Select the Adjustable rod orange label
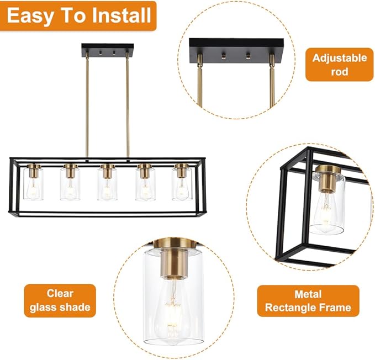coord(339,64)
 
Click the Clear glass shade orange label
coord(60,300)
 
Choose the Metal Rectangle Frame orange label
coord(308,300)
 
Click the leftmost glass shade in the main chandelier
coord(34,183)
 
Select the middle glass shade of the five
coord(107,183)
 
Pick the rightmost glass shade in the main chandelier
coord(181,183)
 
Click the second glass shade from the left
coord(71,183)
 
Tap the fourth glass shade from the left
coord(145,183)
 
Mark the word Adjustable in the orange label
coord(339,57)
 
